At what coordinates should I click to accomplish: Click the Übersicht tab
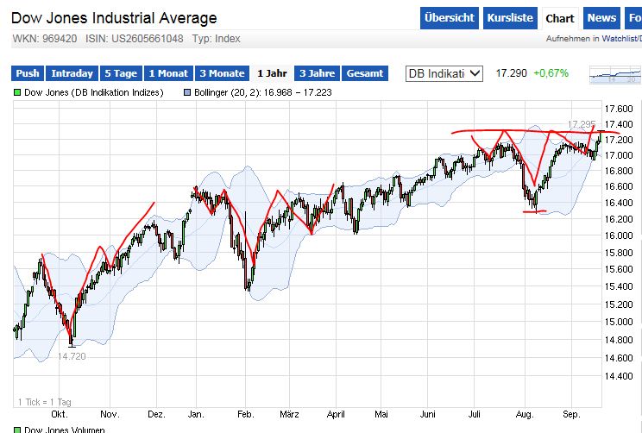(450, 17)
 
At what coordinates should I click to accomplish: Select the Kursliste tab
(509, 17)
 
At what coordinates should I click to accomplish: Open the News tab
(601, 17)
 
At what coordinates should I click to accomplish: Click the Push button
(28, 73)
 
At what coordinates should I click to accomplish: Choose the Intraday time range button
(72, 73)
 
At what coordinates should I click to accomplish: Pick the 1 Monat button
(168, 73)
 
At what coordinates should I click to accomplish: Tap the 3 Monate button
(220, 73)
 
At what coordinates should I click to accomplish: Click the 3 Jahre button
(317, 73)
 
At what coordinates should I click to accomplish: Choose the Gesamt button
(364, 73)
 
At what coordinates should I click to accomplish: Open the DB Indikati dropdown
(445, 73)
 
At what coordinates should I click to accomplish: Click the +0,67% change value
(551, 73)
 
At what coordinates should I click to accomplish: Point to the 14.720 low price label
(72, 356)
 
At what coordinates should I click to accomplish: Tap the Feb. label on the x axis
(246, 411)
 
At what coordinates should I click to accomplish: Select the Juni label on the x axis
(428, 411)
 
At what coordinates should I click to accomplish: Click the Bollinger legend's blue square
(188, 92)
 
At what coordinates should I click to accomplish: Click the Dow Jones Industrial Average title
(114, 17)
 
